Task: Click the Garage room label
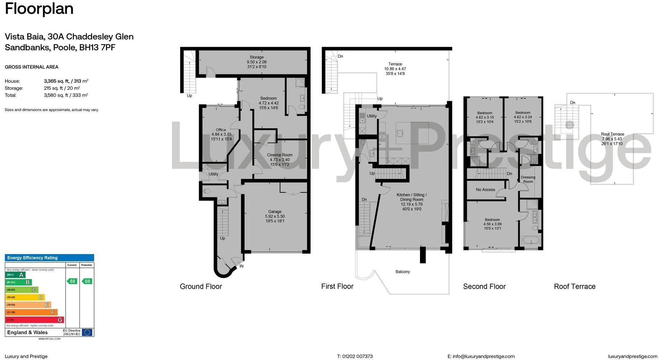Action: [x=275, y=212]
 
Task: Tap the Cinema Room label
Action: [x=280, y=155]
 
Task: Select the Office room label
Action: [x=221, y=130]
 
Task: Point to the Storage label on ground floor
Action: [x=256, y=57]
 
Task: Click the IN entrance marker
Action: [x=242, y=266]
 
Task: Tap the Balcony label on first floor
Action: [x=403, y=272]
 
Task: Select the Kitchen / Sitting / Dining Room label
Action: [x=412, y=197]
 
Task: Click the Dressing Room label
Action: [x=528, y=180]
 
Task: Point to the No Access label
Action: [x=485, y=190]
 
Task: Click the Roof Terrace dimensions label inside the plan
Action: [x=612, y=139]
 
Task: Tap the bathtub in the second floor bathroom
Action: [x=531, y=240]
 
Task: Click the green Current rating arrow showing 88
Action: [x=72, y=281]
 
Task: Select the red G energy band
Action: [x=34, y=320]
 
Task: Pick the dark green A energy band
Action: [x=15, y=275]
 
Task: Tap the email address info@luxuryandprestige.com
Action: [x=483, y=356]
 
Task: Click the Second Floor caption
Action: [x=484, y=287]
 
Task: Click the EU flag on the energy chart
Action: [x=87, y=332]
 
